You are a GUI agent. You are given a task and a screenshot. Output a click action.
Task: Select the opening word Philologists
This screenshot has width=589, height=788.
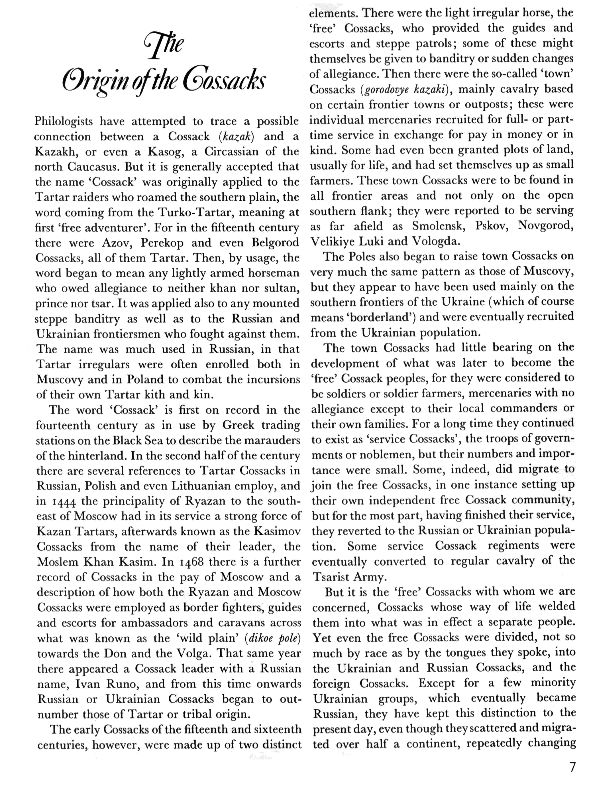click(x=63, y=121)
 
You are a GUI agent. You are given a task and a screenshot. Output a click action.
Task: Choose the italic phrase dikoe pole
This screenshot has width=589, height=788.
click(x=273, y=638)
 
